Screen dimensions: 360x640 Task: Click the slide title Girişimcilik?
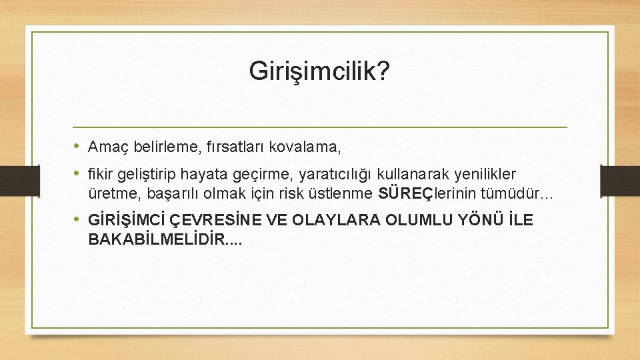[x=320, y=71]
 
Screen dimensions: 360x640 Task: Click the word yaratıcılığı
[x=336, y=175]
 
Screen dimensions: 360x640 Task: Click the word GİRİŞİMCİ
[x=127, y=220]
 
